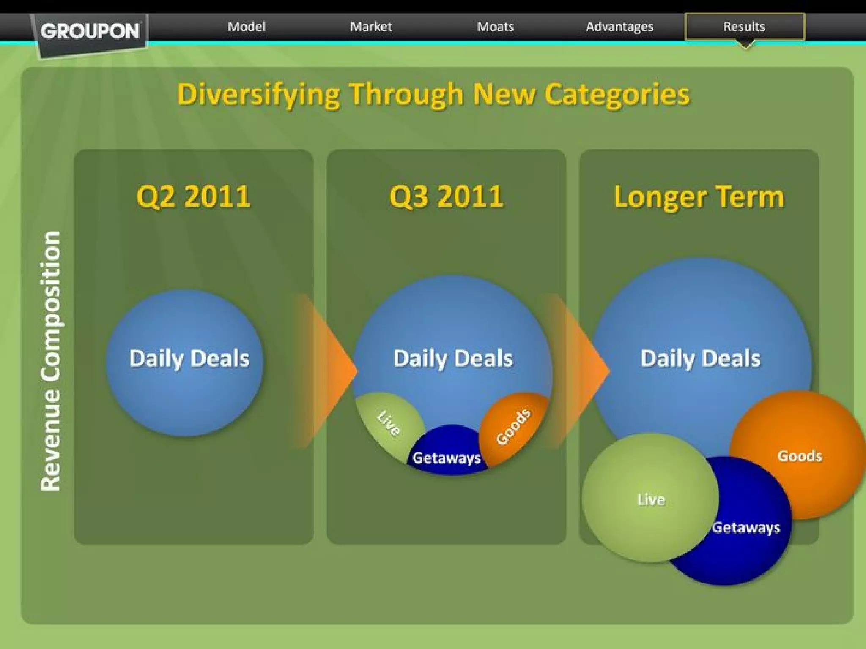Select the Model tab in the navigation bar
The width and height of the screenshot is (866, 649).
pyautogui.click(x=247, y=27)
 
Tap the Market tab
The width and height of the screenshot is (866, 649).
pyautogui.click(x=371, y=27)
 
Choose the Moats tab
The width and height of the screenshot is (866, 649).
pyautogui.click(x=495, y=27)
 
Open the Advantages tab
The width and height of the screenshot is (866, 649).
pyautogui.click(x=619, y=27)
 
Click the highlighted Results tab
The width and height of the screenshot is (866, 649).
pyautogui.click(x=744, y=27)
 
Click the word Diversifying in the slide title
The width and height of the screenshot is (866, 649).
pyautogui.click(x=258, y=94)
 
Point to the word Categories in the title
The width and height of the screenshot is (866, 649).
pyautogui.click(x=617, y=94)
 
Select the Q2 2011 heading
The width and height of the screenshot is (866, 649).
pyautogui.click(x=193, y=196)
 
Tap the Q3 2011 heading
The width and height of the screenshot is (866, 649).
pyautogui.click(x=446, y=196)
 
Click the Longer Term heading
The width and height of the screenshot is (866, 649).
pyautogui.click(x=699, y=197)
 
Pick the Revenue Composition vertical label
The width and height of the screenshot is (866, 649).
pyautogui.click(x=51, y=361)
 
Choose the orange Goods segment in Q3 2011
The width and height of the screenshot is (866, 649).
pyautogui.click(x=513, y=427)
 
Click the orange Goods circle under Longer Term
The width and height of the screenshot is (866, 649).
pyautogui.click(x=800, y=455)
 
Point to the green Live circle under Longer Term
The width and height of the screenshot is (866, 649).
pyautogui.click(x=650, y=499)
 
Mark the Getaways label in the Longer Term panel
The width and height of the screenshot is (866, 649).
pyautogui.click(x=746, y=527)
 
